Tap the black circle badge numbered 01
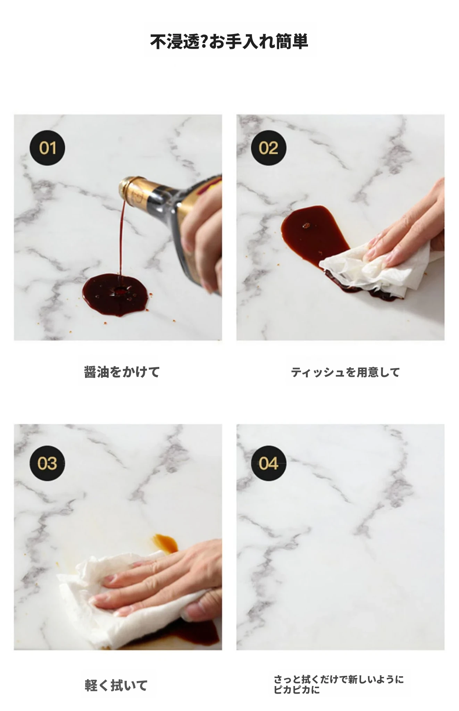click(x=47, y=148)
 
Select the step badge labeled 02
click(x=268, y=148)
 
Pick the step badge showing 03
click(x=47, y=463)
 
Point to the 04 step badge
click(x=268, y=463)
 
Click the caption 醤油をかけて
click(x=122, y=372)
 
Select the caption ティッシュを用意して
click(x=345, y=372)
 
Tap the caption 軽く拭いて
click(x=116, y=685)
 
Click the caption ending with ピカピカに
click(x=339, y=684)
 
